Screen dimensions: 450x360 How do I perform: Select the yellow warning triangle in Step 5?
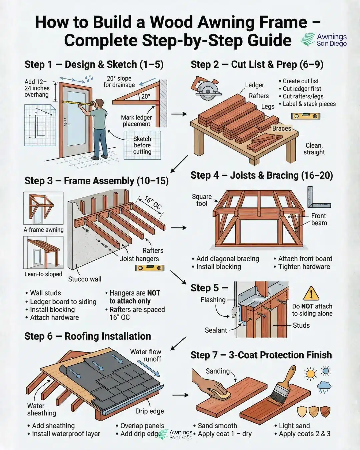[311, 293]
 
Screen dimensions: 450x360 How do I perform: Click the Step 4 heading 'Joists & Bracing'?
[262, 175]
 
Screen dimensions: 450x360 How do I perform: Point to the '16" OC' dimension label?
[153, 203]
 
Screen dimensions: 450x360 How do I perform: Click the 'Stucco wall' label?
[85, 279]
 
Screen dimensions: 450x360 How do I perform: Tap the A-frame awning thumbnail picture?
[43, 208]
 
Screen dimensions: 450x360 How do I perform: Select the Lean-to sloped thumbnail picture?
[43, 252]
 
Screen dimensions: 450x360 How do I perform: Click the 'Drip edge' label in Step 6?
[150, 411]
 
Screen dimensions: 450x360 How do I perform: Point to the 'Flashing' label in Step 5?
[213, 300]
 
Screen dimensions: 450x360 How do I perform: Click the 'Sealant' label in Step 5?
[216, 330]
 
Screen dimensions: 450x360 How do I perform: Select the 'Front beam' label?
[319, 219]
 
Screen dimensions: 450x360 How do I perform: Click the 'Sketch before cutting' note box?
[142, 145]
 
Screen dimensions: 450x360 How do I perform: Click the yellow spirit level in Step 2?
[306, 116]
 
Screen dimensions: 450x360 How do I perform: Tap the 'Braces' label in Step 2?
[282, 128]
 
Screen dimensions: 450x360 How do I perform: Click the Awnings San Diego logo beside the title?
[324, 40]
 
